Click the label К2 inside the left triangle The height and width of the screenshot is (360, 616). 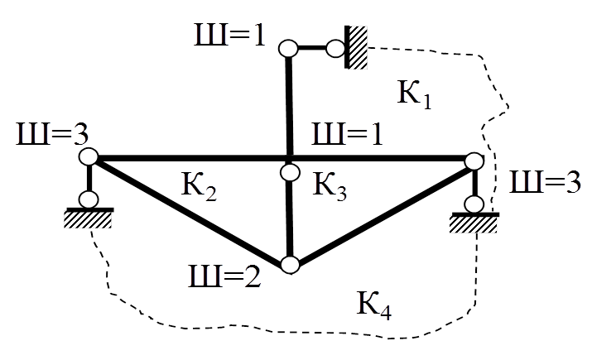pos(200,190)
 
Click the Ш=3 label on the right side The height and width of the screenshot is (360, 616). pos(543,183)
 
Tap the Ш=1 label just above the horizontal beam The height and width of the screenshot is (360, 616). pos(346,133)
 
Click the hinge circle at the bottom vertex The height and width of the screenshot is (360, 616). pos(290,265)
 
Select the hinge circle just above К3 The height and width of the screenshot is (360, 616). pos(290,172)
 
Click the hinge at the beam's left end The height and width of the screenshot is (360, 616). pos(89,156)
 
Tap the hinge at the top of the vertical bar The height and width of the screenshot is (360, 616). pos(288,49)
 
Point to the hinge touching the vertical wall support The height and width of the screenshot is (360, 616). pos(336,49)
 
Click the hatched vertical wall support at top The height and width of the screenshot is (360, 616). pos(359,48)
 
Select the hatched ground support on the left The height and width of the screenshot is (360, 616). pos(88,218)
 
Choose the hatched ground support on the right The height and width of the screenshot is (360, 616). pos(474,223)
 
